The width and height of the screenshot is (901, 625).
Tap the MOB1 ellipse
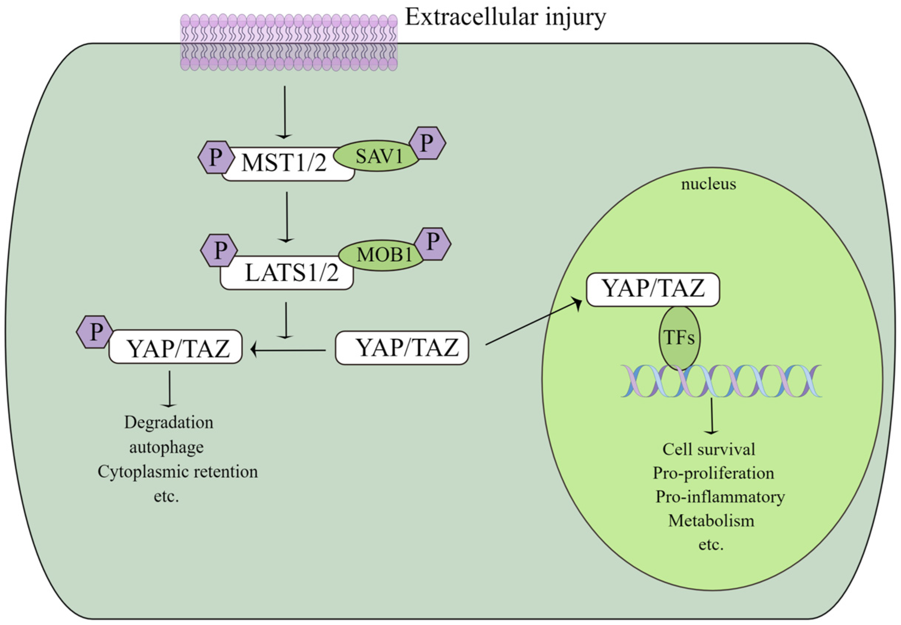(x=383, y=255)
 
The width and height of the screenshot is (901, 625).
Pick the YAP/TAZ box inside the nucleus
(x=653, y=290)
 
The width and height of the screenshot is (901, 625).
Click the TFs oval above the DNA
(x=680, y=338)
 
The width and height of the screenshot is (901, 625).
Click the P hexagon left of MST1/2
(x=215, y=158)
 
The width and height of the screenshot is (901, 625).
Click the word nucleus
(x=708, y=184)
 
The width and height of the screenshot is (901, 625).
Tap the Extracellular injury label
(x=505, y=18)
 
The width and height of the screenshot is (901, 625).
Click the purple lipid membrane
(x=289, y=42)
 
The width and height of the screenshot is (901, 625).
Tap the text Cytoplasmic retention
(x=178, y=472)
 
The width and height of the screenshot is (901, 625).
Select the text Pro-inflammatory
(x=720, y=497)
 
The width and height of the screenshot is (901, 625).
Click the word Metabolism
(x=711, y=521)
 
